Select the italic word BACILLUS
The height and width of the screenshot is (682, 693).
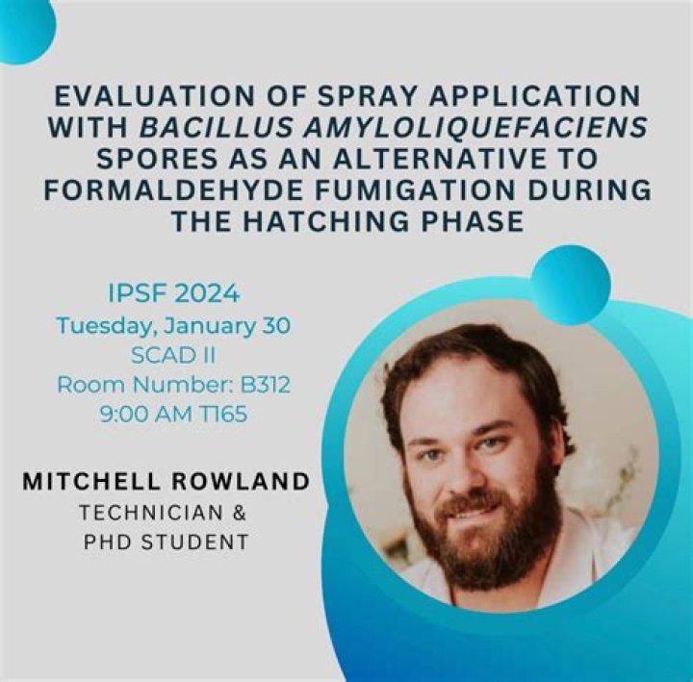point(217,128)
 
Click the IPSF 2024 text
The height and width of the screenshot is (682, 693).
point(173,293)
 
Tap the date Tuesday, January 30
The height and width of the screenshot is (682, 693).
point(173,326)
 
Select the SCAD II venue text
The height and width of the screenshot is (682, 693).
point(173,355)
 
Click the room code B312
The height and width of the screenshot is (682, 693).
point(266,385)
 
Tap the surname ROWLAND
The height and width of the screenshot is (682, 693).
point(240,482)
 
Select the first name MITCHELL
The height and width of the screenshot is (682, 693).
point(91,482)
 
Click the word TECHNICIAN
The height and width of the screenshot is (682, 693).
point(151,513)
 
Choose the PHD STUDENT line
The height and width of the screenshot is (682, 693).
point(166,543)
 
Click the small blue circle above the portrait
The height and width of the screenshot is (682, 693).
point(570,279)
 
